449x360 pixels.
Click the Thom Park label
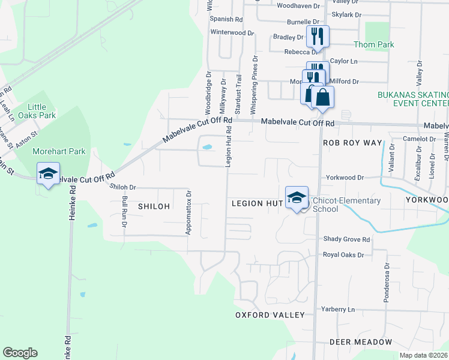[x=373, y=45]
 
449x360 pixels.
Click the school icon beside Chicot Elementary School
[x=297, y=198]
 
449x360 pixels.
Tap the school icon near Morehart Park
[x=47, y=174]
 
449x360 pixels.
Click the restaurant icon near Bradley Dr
[x=318, y=35]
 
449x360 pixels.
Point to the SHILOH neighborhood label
[x=154, y=206]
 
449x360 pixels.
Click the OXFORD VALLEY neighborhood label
[x=270, y=315]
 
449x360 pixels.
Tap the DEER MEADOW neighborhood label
[x=361, y=342]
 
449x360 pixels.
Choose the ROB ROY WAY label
[x=352, y=143]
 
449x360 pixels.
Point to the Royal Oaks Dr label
[x=343, y=255]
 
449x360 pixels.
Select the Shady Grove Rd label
[x=346, y=239]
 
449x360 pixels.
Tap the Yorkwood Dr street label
[x=345, y=178]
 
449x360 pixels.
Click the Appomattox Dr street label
[x=188, y=213]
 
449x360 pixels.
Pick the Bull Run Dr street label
[x=124, y=212]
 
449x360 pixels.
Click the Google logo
[x=20, y=353]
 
